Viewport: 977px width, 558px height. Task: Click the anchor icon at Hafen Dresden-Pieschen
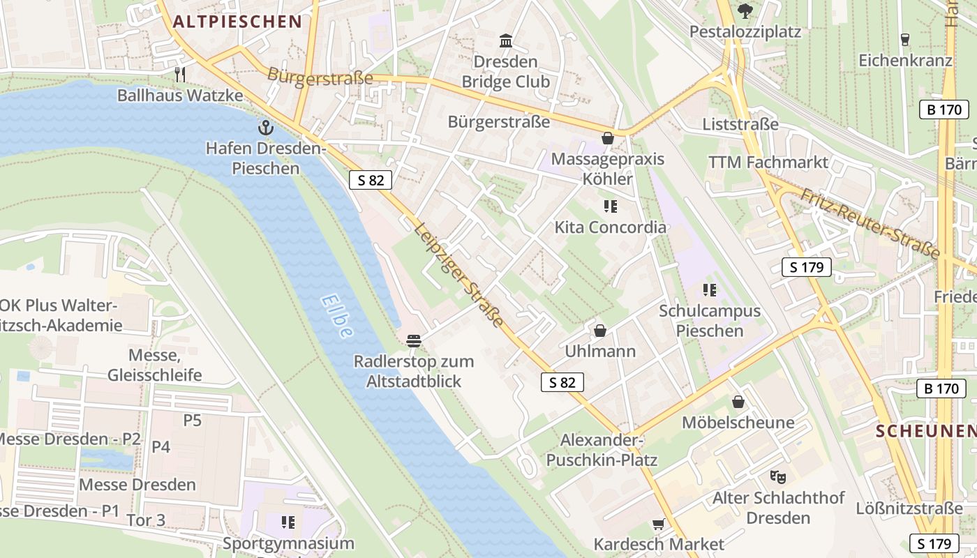265,128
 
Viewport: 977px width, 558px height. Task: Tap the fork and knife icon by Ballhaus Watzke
180,74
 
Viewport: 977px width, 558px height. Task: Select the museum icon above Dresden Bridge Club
506,40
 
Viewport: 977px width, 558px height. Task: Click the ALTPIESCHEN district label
237,22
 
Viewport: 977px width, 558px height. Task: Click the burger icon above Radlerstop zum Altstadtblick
414,340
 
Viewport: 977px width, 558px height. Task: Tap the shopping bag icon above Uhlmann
599,330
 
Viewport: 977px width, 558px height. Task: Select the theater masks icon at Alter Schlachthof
777,477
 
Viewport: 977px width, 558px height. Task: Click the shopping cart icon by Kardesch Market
658,523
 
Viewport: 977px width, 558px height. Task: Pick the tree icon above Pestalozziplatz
745,10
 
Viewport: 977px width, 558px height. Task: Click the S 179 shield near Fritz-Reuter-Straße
807,267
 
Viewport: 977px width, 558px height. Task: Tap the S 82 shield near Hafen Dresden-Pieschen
371,180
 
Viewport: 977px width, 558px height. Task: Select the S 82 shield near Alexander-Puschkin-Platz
562,382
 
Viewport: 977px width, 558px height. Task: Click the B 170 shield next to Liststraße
944,110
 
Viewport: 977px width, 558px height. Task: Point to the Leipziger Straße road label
458,275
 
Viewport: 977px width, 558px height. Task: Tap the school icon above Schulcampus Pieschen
710,289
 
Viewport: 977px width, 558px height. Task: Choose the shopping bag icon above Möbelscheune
738,402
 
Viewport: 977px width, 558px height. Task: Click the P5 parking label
192,420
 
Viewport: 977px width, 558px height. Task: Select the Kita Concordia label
610,227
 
